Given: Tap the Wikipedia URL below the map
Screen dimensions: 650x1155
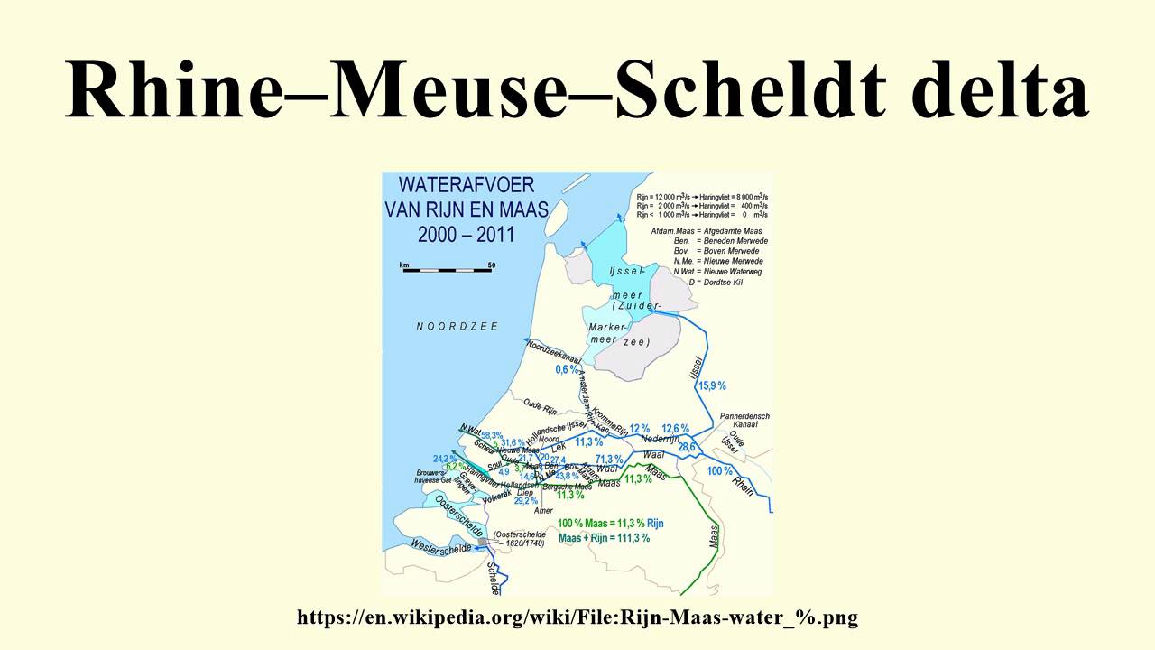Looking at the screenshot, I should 577,617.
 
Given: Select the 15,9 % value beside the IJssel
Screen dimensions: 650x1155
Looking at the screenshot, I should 712,385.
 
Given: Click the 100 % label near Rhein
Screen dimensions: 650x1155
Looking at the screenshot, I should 719,471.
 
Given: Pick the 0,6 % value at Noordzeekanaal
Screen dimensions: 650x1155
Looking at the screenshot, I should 567,369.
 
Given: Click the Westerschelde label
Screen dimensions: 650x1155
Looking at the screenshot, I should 440,547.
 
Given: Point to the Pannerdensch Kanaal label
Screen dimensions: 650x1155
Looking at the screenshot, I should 744,422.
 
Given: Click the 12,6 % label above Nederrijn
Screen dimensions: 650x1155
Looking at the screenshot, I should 675,428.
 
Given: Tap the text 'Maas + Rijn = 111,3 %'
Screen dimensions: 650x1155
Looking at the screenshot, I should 604,538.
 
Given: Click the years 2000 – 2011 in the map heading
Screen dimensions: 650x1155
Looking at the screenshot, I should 467,235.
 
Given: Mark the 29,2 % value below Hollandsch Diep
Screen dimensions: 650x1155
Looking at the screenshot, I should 525,500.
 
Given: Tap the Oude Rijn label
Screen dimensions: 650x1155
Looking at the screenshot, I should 542,404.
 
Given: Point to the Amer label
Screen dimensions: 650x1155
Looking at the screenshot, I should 543,511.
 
